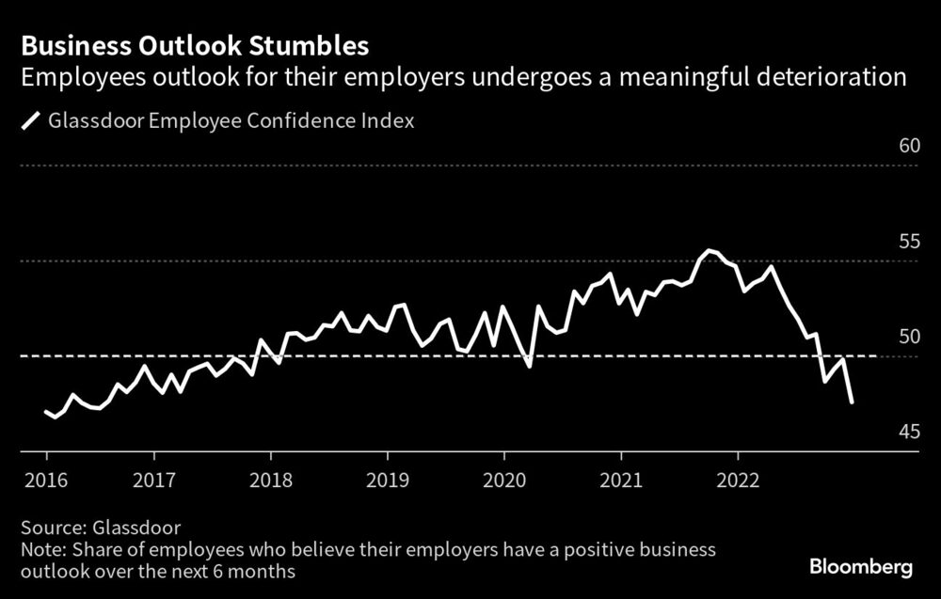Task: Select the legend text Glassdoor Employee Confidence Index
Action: [x=231, y=121]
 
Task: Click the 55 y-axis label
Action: [x=908, y=242]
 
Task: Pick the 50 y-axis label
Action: [x=908, y=337]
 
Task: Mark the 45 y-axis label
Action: [x=908, y=433]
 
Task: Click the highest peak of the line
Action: [x=709, y=251]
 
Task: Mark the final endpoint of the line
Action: [x=852, y=402]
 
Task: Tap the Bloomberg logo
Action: [x=861, y=568]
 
